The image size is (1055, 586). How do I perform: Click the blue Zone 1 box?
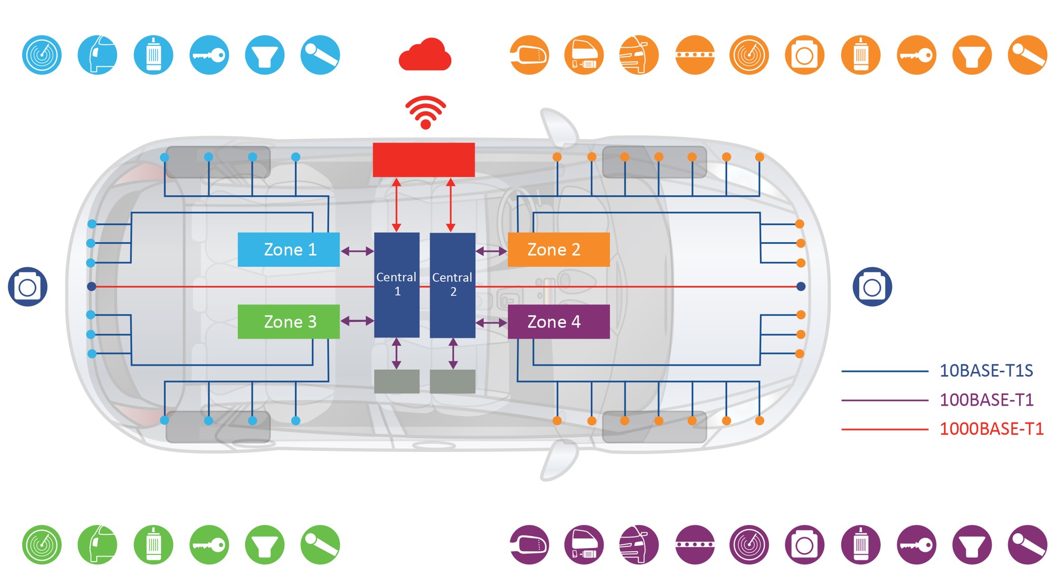(289, 249)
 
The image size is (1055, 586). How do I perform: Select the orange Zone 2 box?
(558, 249)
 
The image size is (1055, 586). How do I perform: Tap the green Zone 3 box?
(289, 321)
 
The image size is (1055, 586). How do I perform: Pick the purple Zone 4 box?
(558, 321)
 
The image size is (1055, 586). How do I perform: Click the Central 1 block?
(397, 285)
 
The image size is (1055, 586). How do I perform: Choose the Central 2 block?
(452, 285)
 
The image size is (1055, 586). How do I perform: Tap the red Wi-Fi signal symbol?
(425, 112)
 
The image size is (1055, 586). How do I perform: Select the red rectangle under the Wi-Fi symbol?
(424, 160)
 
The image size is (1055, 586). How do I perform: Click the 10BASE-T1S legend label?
(986, 371)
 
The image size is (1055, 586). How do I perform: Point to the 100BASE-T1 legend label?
(986, 400)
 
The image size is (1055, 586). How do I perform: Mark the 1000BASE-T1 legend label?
(991, 429)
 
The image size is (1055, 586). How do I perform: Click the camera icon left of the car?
(27, 287)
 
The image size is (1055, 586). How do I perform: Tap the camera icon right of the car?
(872, 287)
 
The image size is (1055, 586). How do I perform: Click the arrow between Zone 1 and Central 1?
(357, 251)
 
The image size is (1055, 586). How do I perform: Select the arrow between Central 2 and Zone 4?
(491, 322)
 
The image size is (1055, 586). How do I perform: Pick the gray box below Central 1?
(397, 381)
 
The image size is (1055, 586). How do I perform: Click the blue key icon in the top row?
(209, 55)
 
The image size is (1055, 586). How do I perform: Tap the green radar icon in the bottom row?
(42, 545)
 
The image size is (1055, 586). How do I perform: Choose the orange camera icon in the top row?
(804, 55)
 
